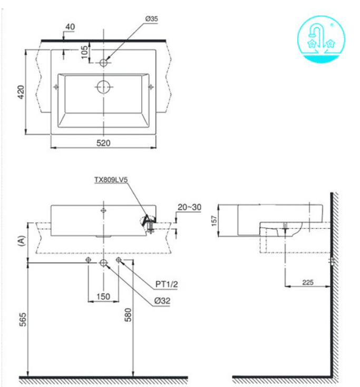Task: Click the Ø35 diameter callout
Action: point(151,19)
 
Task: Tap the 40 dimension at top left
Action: point(70,27)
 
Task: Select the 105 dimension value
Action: point(84,52)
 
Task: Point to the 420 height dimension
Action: point(21,92)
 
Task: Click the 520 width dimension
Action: point(103,143)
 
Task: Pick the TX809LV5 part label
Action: point(111,180)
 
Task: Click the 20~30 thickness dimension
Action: point(190,207)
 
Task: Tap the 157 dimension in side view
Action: point(214,221)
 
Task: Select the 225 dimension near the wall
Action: point(308,282)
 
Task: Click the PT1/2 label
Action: point(167,284)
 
